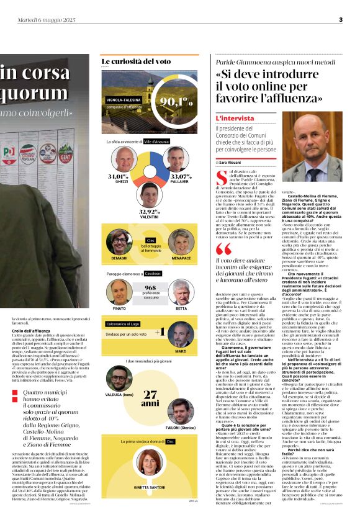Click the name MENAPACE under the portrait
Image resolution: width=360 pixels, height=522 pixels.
click(x=181, y=256)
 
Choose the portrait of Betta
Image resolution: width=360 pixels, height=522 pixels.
click(x=181, y=292)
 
